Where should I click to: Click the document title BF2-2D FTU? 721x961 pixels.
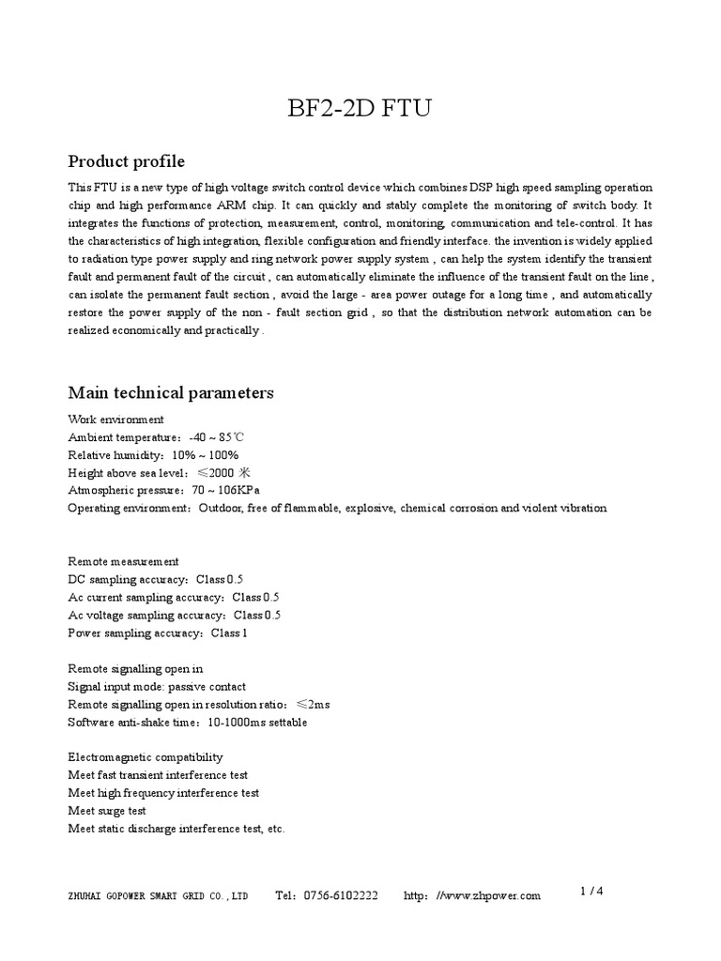click(x=360, y=110)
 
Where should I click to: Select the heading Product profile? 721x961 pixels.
click(x=127, y=161)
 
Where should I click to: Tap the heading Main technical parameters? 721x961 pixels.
click(x=171, y=392)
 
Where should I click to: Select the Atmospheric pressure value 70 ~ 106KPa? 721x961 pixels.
click(x=225, y=490)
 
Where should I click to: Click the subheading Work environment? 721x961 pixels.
click(x=115, y=419)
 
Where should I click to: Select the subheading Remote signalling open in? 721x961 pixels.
click(x=135, y=668)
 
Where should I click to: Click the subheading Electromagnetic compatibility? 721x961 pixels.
click(x=146, y=757)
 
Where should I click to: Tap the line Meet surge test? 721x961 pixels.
click(x=107, y=811)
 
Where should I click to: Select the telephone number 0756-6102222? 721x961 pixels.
click(x=341, y=896)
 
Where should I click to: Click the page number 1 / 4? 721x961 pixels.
click(x=591, y=892)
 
